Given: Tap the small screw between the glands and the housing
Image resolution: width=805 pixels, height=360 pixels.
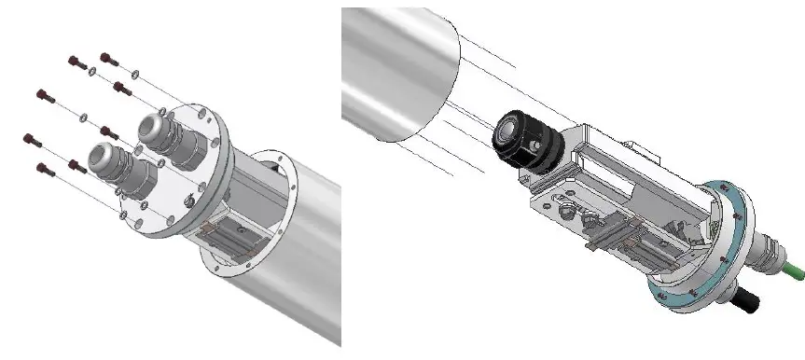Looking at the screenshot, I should pos(192,198).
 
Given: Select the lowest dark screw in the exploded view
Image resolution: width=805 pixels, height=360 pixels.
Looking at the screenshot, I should pos(41,168).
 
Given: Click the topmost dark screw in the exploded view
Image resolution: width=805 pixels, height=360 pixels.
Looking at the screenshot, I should pos(104,58).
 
